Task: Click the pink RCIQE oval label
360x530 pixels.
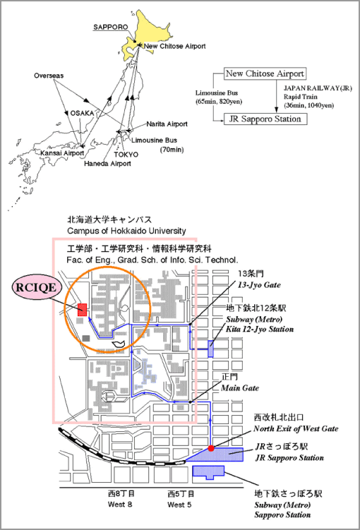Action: click(37, 287)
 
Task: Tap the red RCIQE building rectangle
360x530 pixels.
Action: click(82, 310)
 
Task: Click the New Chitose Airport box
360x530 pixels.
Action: click(265, 73)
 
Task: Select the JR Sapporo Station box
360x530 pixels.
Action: click(265, 119)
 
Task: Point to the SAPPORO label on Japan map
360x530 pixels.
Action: click(111, 27)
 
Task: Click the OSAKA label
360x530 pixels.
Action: click(82, 113)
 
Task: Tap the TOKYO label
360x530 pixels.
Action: click(126, 155)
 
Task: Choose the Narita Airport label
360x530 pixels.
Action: click(167, 124)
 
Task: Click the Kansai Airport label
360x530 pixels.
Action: click(62, 153)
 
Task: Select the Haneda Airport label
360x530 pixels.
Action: click(107, 164)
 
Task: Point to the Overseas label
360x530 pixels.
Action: click(49, 76)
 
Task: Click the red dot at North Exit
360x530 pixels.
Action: click(211, 448)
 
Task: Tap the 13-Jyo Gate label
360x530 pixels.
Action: click(259, 285)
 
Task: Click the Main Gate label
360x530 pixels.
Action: click(240, 388)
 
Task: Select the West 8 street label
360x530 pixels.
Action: click(120, 505)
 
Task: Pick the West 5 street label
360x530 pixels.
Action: click(179, 505)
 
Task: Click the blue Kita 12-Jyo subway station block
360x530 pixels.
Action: click(210, 349)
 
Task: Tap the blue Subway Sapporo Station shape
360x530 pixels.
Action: click(208, 471)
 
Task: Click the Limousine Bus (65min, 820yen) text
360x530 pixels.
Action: click(218, 97)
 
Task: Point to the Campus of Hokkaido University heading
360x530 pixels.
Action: click(126, 231)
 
